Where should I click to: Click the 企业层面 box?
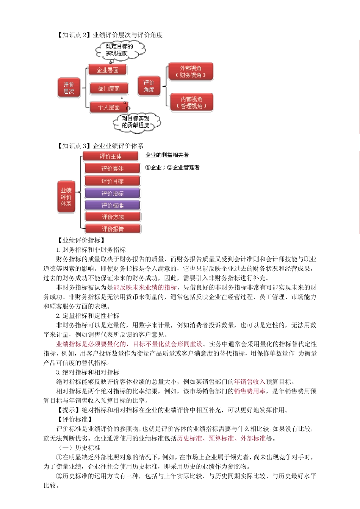107,70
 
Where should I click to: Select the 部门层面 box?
109,89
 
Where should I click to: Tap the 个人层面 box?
109,107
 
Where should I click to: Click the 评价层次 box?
69,88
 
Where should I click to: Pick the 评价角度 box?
149,86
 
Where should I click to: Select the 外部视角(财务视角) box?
191,72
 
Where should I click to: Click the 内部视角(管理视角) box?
191,103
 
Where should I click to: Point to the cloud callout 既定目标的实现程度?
120,50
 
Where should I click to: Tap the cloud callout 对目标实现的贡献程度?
136,122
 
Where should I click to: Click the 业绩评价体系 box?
66,197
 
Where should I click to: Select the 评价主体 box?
111,156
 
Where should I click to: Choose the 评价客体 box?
112,169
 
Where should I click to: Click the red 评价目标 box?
112,181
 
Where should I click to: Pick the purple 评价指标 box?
112,193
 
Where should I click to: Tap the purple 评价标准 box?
112,205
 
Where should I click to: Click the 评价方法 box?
113,217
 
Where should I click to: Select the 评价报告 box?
113,229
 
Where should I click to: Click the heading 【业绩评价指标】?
81,240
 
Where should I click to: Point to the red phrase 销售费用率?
249,391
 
